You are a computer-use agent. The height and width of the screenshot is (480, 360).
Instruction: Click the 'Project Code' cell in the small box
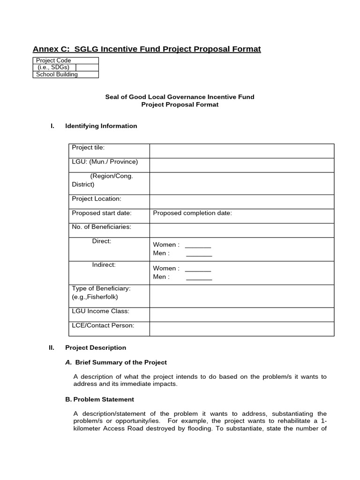coord(53,60)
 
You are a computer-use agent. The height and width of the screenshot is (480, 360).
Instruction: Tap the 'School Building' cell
coord(57,74)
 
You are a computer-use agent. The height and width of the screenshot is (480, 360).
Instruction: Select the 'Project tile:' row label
coord(88,148)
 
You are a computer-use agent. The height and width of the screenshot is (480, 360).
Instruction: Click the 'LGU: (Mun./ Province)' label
coord(105,162)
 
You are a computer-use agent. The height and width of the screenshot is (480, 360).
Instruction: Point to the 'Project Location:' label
coord(96,199)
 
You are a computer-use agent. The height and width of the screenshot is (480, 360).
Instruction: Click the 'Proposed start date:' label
coord(101,213)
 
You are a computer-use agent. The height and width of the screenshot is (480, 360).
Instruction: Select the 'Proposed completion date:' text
coord(192,213)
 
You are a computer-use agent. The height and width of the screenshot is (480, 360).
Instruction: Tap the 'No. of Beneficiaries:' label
coord(101,227)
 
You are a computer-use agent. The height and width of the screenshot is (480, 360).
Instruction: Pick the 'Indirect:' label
coord(104,265)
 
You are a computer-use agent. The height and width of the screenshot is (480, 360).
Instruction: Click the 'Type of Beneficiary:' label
coord(101,288)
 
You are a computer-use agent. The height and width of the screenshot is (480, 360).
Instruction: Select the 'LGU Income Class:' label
coord(100,311)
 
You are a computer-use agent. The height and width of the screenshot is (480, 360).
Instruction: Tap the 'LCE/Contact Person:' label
coord(103,325)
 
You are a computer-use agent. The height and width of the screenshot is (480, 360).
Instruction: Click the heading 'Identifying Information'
coord(101,126)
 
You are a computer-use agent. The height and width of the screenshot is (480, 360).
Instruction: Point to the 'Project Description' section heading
coord(96,348)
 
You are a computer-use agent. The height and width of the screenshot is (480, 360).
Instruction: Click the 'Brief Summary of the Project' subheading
coord(120,362)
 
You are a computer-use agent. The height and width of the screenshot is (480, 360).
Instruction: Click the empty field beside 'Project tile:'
coord(241,151)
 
